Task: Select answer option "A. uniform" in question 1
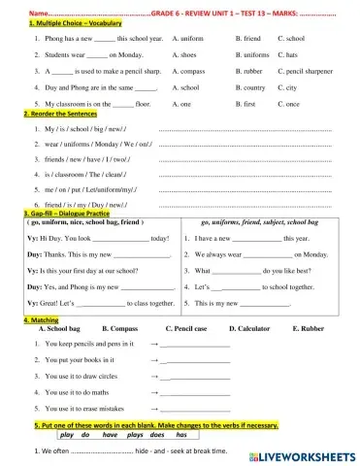click(x=190, y=38)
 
